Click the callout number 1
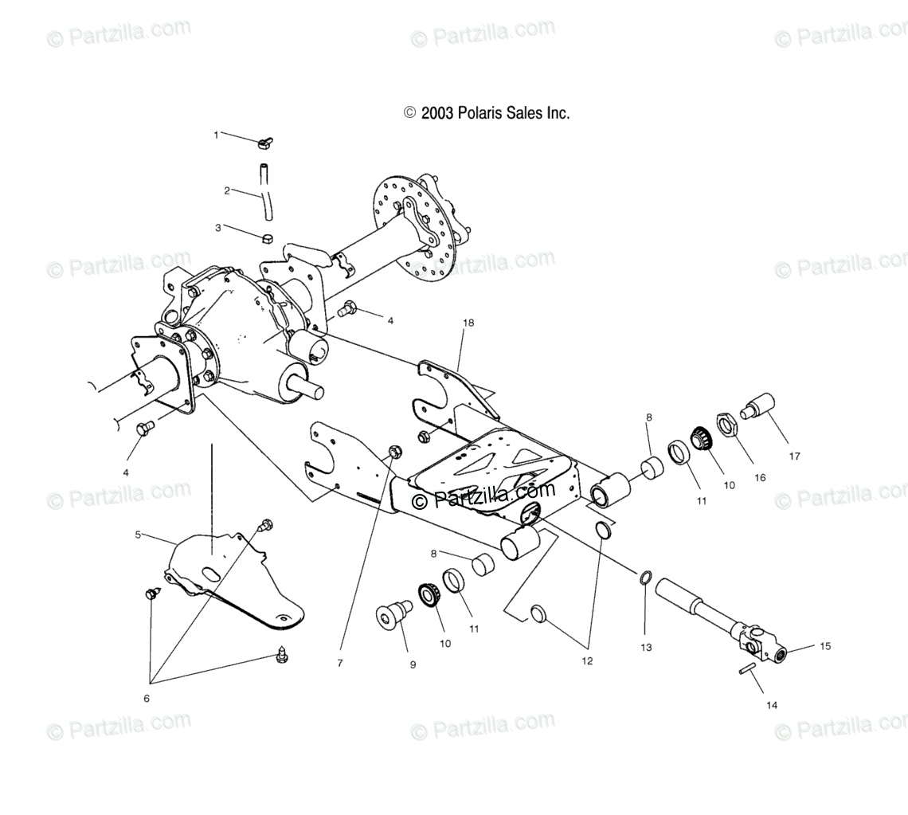pos(216,135)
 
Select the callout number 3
pos(217,228)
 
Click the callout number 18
pos(468,323)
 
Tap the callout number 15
pos(824,646)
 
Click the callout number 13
pos(646,648)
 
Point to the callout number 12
pos(588,660)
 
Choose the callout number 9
pos(413,664)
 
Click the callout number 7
pos(340,663)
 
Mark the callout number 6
pos(147,699)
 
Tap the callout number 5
pos(138,535)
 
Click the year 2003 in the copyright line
pos(436,113)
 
